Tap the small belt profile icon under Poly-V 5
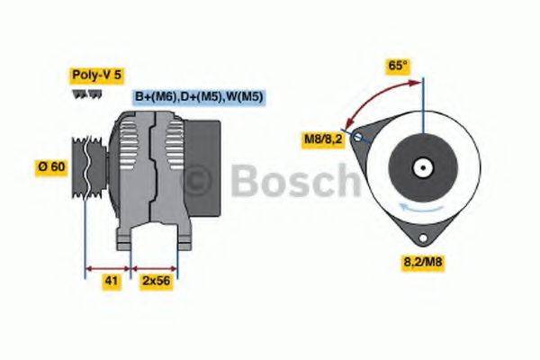tap(79, 94)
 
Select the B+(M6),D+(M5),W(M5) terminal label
tap(198, 97)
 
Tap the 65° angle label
tap(399, 65)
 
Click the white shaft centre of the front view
tap(421, 166)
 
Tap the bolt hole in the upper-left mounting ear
tap(359, 137)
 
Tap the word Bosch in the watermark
tap(292, 183)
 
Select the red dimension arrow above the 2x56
tap(155, 267)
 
